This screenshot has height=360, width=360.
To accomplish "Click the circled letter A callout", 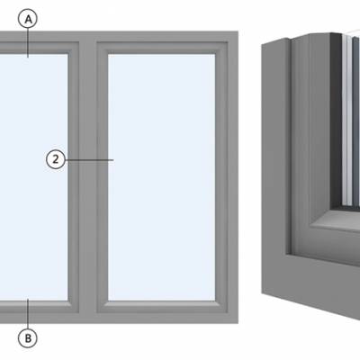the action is (x=28, y=20).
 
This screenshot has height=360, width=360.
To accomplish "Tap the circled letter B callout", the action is (x=28, y=338).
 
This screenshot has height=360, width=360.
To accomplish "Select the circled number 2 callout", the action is (x=56, y=159).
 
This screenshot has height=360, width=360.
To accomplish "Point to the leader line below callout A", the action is (x=28, y=43).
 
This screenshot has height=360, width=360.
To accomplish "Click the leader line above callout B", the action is (x=28, y=314).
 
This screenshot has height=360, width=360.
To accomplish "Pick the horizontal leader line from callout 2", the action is (x=89, y=160).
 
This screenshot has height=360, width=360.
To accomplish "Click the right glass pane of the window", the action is (x=162, y=177).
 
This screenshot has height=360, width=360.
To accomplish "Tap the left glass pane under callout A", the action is (x=33, y=177).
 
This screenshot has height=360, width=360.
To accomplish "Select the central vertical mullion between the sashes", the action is (x=88, y=177).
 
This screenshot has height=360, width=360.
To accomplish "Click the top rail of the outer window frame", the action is (x=119, y=36).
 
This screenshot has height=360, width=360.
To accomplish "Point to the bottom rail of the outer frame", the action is (x=119, y=318).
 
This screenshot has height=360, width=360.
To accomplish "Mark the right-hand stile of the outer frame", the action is (x=233, y=177).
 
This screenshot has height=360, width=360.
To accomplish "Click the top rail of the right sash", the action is (x=162, y=48).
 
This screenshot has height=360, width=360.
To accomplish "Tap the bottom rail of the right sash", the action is (x=162, y=307).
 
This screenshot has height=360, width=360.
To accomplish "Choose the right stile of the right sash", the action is (x=221, y=177).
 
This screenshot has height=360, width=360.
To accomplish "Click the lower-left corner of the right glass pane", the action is (x=108, y=301).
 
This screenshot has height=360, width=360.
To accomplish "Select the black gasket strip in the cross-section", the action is (x=336, y=120).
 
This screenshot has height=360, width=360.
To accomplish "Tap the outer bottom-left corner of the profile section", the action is (x=262, y=293).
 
